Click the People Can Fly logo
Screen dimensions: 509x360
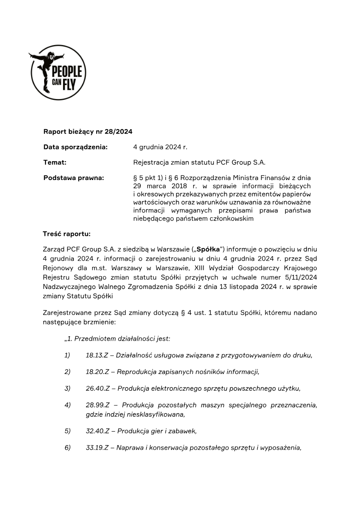tap(58, 72)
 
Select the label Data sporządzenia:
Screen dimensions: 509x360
tap(75, 147)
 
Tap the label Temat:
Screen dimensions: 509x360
tap(55, 162)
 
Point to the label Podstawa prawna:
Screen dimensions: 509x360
tap(73, 178)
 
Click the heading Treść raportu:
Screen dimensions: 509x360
tap(67, 234)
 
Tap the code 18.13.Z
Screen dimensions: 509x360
tap(98, 356)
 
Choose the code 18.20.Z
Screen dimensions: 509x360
tap(98, 372)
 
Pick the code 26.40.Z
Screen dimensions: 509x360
tap(98, 388)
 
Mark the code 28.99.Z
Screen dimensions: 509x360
tap(98, 405)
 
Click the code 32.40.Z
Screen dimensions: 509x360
tap(98, 431)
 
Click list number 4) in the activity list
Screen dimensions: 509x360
tap(67, 405)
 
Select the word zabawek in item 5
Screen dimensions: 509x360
tap(184, 431)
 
